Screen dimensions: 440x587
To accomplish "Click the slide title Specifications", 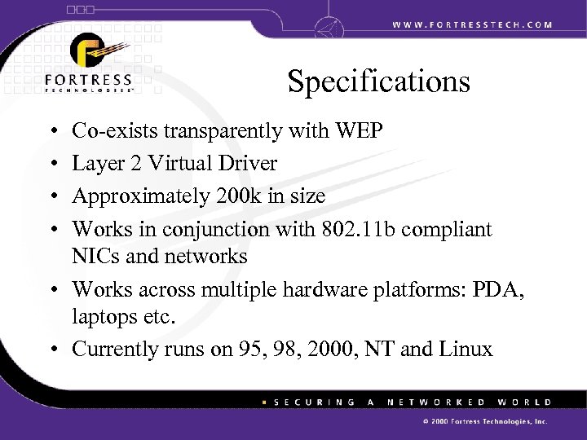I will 378,82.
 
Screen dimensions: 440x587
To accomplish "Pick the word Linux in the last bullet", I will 464,351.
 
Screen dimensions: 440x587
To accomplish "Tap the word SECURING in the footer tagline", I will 314,402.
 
